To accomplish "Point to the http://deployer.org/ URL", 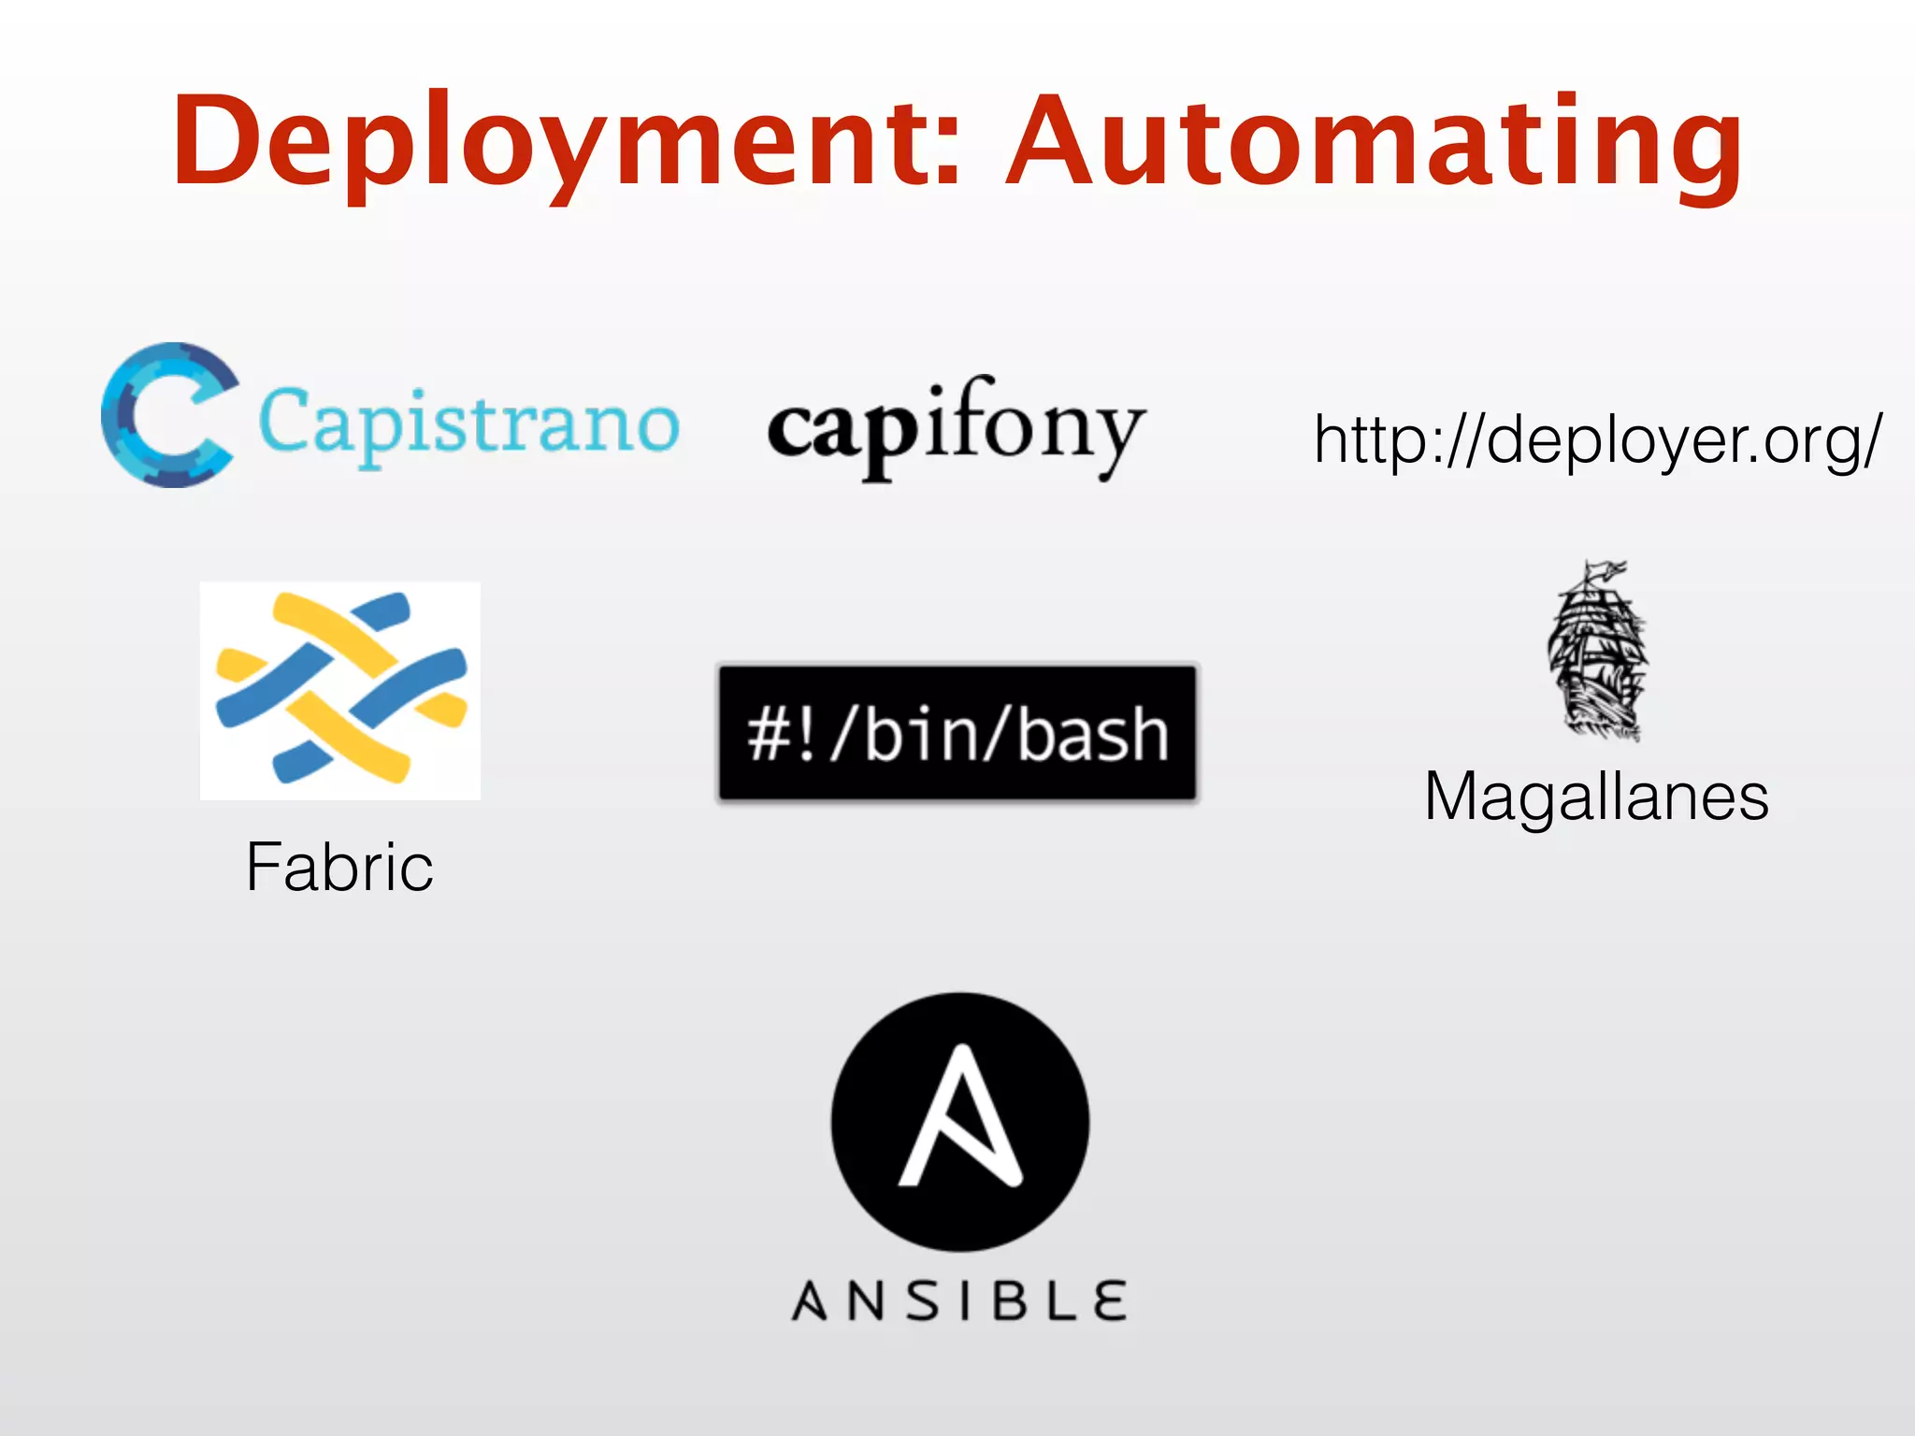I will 1597,439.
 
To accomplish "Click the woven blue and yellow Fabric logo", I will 340,690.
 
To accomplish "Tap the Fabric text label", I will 339,867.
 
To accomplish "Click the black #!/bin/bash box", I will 957,733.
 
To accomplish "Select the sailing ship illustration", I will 1597,654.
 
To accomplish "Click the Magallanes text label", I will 1597,797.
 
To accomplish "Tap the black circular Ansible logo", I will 960,1122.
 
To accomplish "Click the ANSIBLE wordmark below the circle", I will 959,1300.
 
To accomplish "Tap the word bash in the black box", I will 1092,735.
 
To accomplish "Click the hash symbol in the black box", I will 769,735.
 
